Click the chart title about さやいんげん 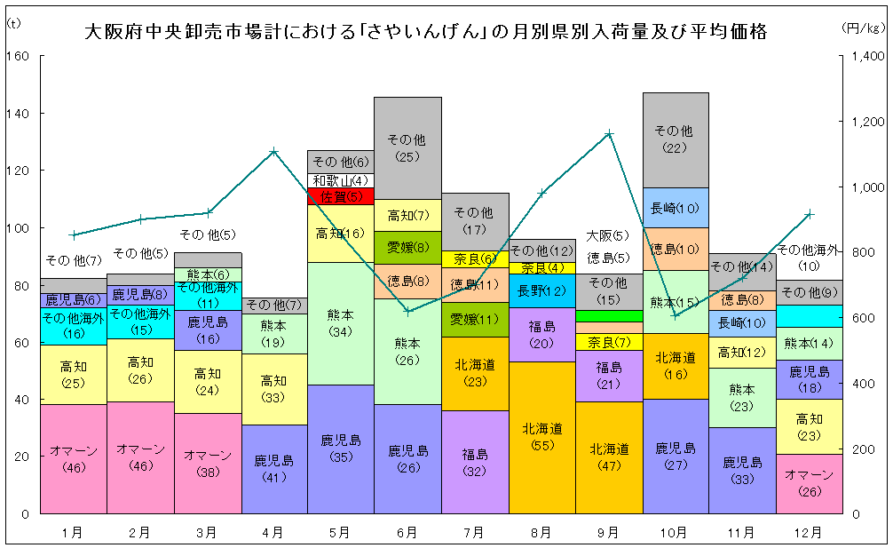click(x=425, y=32)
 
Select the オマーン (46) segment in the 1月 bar click(x=74, y=458)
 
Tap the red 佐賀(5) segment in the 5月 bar click(x=341, y=195)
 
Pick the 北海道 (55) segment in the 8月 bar click(x=541, y=437)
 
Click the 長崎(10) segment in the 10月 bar click(x=676, y=208)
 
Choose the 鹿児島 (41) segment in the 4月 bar click(x=274, y=469)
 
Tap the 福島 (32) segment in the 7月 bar click(x=475, y=462)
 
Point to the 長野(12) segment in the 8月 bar click(x=541, y=290)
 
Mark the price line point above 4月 click(x=274, y=151)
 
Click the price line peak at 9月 click(x=609, y=134)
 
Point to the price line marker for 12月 click(x=810, y=214)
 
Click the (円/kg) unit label click(x=861, y=28)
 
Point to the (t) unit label click(x=13, y=24)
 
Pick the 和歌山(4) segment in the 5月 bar click(x=341, y=180)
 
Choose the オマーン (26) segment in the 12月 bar click(x=810, y=483)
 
